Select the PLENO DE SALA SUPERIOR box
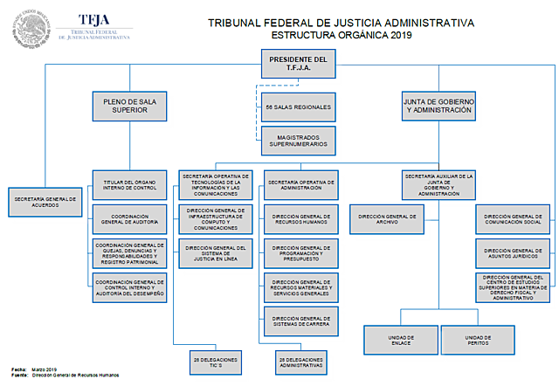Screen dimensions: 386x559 [x=129, y=106]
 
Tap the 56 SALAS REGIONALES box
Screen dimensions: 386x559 [x=299, y=107]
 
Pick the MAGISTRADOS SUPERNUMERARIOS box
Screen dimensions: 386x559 [x=299, y=140]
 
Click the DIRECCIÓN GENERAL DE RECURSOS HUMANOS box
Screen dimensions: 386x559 [x=300, y=218]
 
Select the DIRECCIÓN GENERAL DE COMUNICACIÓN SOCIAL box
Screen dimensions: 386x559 [x=513, y=219]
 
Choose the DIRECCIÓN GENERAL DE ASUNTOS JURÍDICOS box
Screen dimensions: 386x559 [x=513, y=255]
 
